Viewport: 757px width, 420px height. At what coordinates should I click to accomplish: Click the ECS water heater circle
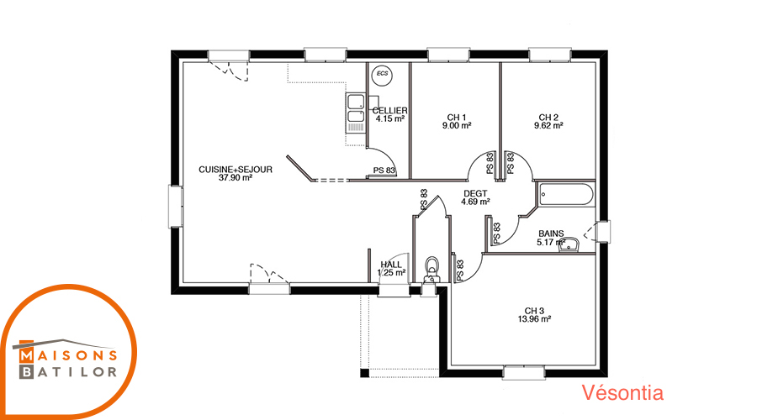(383, 75)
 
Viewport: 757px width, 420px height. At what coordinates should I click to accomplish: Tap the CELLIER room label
(389, 110)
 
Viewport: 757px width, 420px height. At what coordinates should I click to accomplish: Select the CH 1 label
(456, 117)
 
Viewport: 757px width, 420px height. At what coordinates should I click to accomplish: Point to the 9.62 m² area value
(548, 125)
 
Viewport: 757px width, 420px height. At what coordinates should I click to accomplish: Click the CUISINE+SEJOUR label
(236, 169)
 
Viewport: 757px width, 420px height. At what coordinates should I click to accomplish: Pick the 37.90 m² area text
(236, 177)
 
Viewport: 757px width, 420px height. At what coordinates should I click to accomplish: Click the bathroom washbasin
(569, 244)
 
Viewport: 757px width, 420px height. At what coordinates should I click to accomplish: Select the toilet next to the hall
(431, 270)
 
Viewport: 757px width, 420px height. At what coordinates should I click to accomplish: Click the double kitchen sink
(355, 113)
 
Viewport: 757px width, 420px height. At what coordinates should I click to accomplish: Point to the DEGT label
(475, 193)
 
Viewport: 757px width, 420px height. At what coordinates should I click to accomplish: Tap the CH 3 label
(534, 311)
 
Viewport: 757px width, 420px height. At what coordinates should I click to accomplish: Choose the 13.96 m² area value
(534, 318)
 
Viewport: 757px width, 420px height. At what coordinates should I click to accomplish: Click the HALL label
(391, 265)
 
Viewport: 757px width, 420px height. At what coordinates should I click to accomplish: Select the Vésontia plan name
(622, 392)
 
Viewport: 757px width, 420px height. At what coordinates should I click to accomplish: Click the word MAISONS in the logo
(68, 356)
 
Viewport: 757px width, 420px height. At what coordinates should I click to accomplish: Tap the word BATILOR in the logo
(68, 372)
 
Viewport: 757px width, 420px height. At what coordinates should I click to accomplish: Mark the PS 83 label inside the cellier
(384, 171)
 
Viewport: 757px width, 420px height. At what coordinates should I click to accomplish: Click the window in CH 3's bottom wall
(523, 373)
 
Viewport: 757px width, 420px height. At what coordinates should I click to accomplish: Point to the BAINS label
(551, 234)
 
